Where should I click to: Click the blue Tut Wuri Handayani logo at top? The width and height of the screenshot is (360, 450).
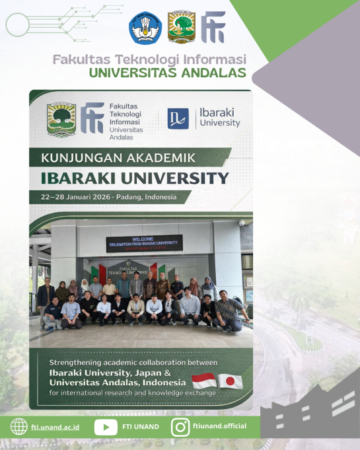(145, 27)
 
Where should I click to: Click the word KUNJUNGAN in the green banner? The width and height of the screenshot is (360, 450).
(80, 158)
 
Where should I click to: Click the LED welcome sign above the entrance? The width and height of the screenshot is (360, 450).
(145, 243)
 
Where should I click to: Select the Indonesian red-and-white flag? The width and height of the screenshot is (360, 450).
(203, 381)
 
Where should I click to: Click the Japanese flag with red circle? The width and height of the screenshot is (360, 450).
(231, 381)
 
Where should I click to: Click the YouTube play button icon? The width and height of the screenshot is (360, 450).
(106, 426)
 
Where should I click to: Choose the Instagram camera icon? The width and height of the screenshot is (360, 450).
(180, 426)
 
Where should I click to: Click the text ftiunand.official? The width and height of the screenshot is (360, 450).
(220, 426)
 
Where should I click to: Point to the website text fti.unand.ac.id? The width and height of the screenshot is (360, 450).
(55, 427)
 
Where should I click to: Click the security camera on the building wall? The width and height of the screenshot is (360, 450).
(242, 223)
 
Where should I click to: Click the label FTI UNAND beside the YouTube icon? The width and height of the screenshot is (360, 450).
(140, 426)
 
